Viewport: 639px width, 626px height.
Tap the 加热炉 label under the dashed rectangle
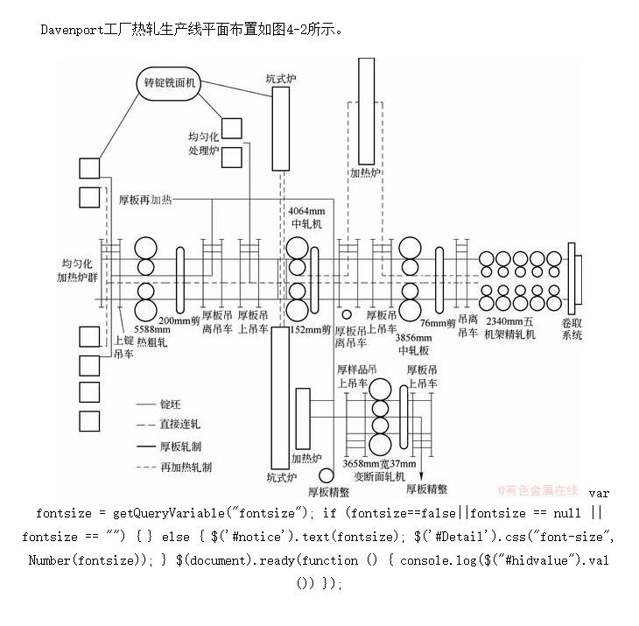(365, 173)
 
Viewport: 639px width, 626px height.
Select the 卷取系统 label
(572, 328)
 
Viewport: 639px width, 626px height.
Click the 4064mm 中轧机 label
(305, 217)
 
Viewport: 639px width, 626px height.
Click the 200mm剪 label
(186, 321)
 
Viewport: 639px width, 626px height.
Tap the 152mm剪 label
(310, 330)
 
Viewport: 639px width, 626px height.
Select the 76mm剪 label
(438, 323)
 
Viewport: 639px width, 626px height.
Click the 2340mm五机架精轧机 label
(510, 328)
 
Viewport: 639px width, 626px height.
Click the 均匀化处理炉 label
(202, 144)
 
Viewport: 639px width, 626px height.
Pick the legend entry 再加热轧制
(186, 468)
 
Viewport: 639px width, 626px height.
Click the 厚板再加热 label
(145, 200)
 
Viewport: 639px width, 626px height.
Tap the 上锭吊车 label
(124, 348)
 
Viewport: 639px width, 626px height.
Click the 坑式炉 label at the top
(281, 79)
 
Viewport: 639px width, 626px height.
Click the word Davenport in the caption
(72, 29)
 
